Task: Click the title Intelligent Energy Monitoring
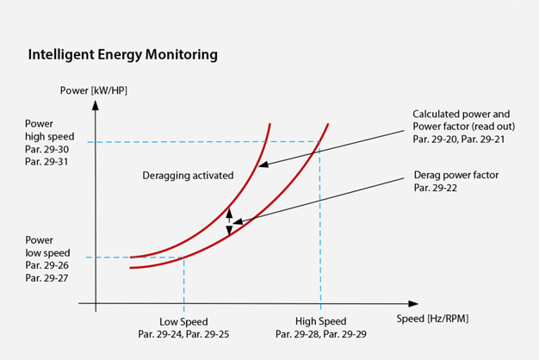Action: click(122, 55)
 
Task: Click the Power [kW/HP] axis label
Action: click(94, 90)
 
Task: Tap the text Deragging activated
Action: click(188, 176)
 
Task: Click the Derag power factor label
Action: click(455, 175)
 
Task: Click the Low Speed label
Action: click(183, 321)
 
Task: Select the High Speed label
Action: click(320, 321)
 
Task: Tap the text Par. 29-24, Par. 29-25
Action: click(183, 334)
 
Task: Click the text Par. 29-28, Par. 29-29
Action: click(320, 334)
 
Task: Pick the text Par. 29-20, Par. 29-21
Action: click(460, 139)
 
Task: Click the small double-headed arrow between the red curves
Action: click(229, 220)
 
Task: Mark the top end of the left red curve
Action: click(270, 124)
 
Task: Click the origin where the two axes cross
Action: click(96, 304)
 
